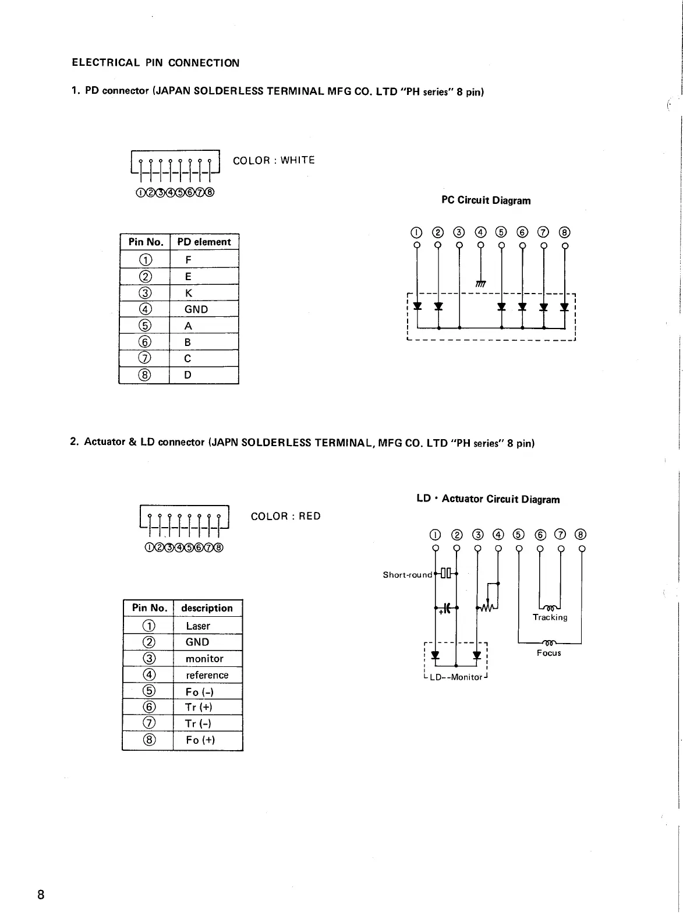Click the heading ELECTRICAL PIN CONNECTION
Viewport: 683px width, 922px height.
(x=155, y=63)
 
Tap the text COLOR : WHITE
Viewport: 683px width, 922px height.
(x=274, y=160)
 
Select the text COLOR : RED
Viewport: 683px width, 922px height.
(x=285, y=516)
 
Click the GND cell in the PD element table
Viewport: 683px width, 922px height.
(x=196, y=309)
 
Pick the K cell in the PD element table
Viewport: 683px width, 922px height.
(x=188, y=293)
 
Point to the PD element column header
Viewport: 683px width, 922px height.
(x=204, y=242)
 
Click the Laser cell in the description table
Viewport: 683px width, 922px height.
(x=198, y=626)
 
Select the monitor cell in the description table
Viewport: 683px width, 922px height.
(x=204, y=659)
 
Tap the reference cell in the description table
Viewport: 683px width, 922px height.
(x=207, y=675)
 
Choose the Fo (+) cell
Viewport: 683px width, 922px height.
(x=200, y=740)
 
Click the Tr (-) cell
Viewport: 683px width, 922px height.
(x=198, y=723)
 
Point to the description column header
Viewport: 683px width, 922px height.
(x=207, y=608)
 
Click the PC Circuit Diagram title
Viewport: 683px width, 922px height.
(x=486, y=200)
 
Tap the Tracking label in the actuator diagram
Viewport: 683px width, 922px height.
(x=550, y=617)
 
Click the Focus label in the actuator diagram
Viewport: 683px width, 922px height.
(x=548, y=653)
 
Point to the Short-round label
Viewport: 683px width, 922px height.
(x=408, y=575)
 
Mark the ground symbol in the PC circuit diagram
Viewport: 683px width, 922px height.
(x=480, y=284)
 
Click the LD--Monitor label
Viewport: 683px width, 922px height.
(x=456, y=677)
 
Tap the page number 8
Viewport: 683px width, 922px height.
(x=41, y=895)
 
